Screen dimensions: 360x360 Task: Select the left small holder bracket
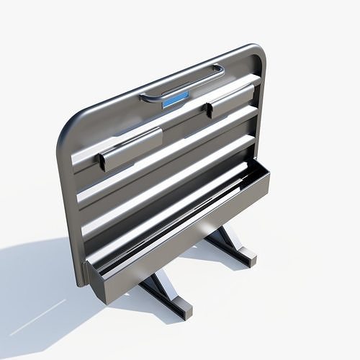pos(130,149)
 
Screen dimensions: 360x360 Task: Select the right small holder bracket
pos(230,100)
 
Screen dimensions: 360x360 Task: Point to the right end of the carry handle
pos(219,70)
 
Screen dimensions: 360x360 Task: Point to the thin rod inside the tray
pos(180,216)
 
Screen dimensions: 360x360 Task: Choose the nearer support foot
pos(169,295)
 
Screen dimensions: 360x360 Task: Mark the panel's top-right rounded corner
pos(256,52)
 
